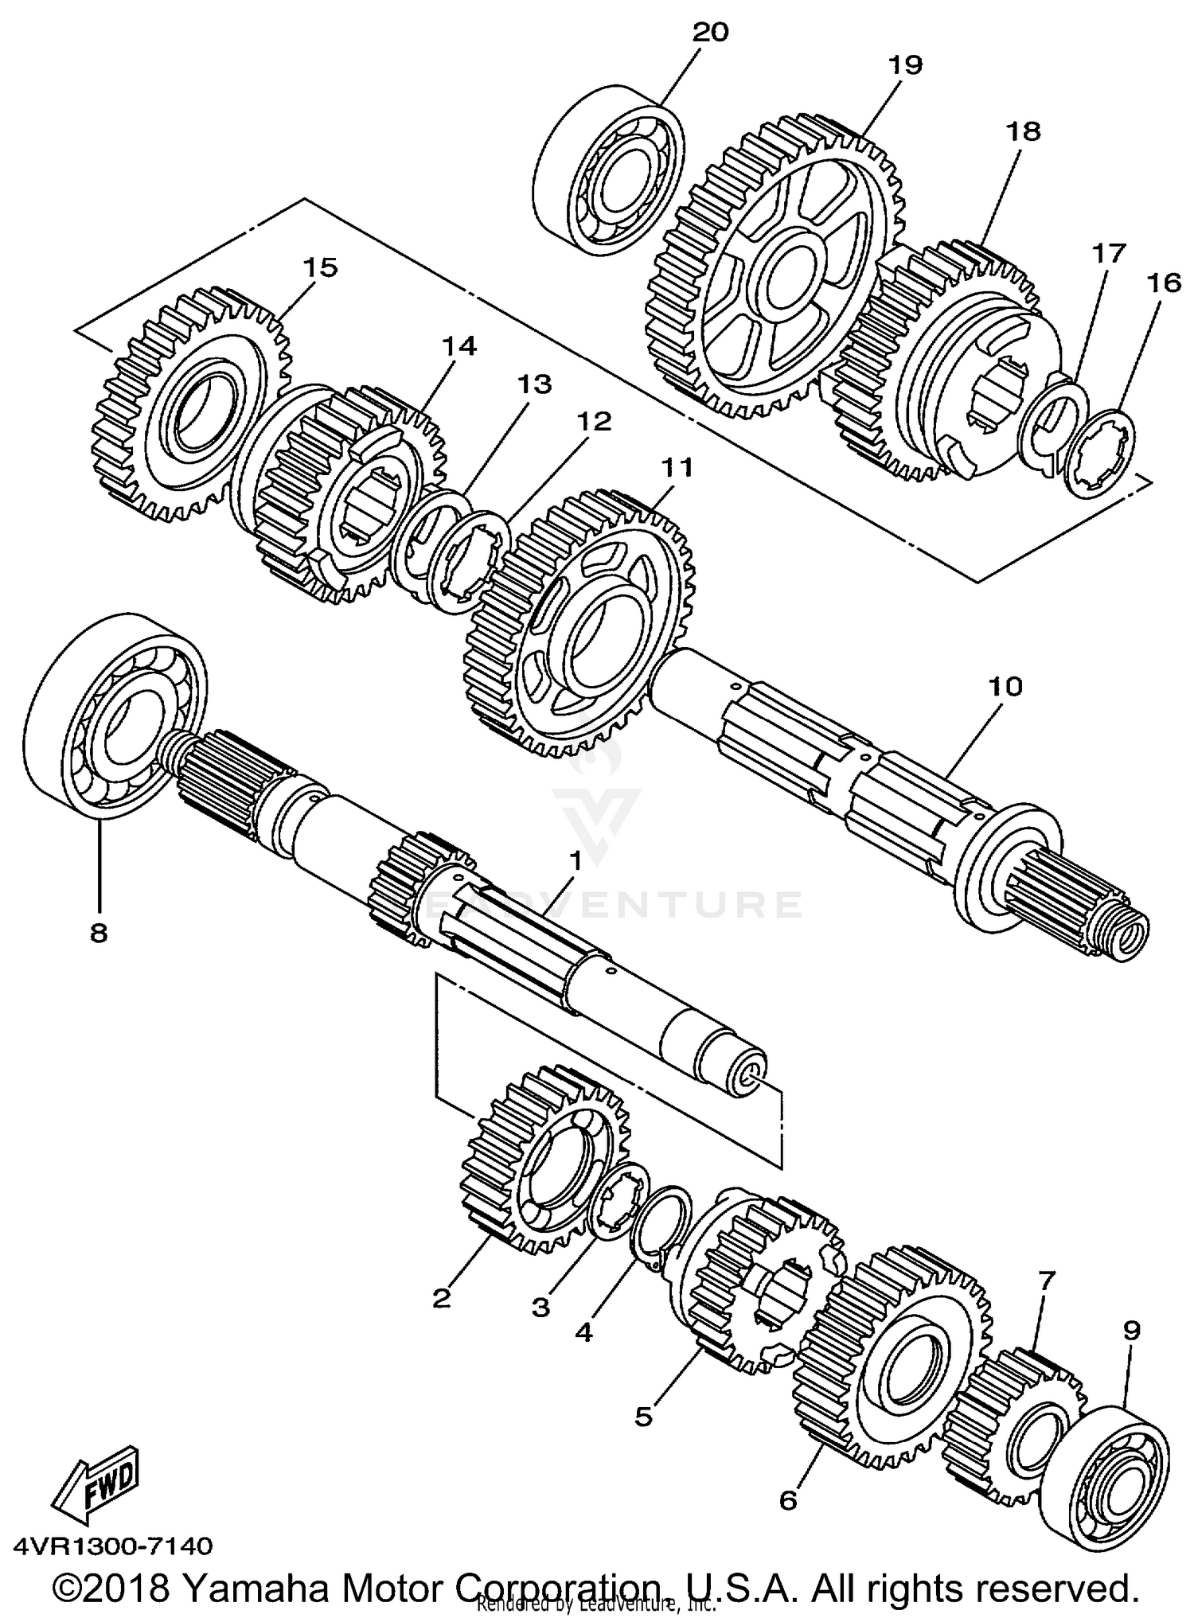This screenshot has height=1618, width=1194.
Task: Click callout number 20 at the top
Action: (710, 33)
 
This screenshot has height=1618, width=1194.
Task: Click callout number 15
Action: (318, 267)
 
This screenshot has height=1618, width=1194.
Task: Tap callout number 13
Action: (535, 384)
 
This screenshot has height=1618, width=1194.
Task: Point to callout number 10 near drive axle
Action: (1005, 685)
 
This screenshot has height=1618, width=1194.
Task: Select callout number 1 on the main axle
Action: (575, 861)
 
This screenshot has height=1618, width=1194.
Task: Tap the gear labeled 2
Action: (541, 1162)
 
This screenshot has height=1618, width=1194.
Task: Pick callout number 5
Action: (643, 1416)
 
